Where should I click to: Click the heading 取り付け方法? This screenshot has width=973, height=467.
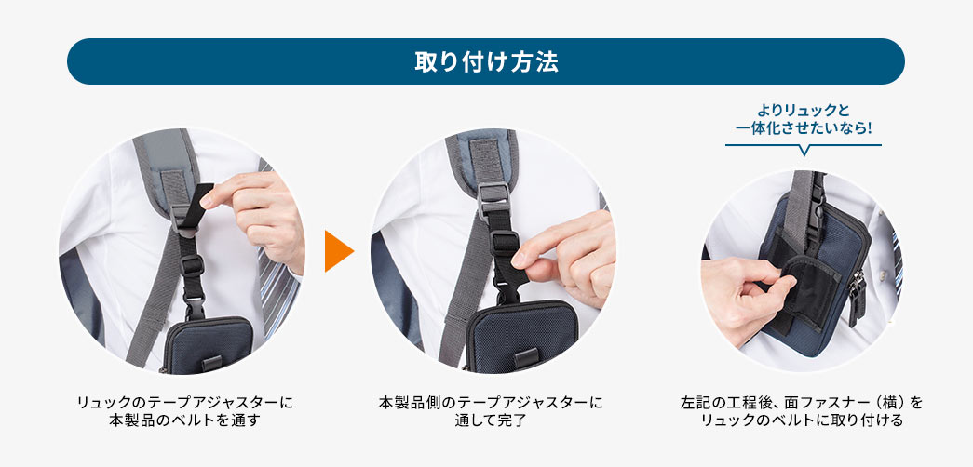click(485, 61)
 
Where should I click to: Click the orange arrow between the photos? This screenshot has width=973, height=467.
click(339, 251)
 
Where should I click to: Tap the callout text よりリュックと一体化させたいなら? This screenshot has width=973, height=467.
click(803, 119)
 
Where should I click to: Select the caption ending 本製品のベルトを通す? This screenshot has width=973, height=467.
click(182, 411)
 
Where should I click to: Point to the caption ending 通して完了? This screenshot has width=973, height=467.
click(491, 411)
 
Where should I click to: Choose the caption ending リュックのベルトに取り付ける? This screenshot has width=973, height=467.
click(802, 411)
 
